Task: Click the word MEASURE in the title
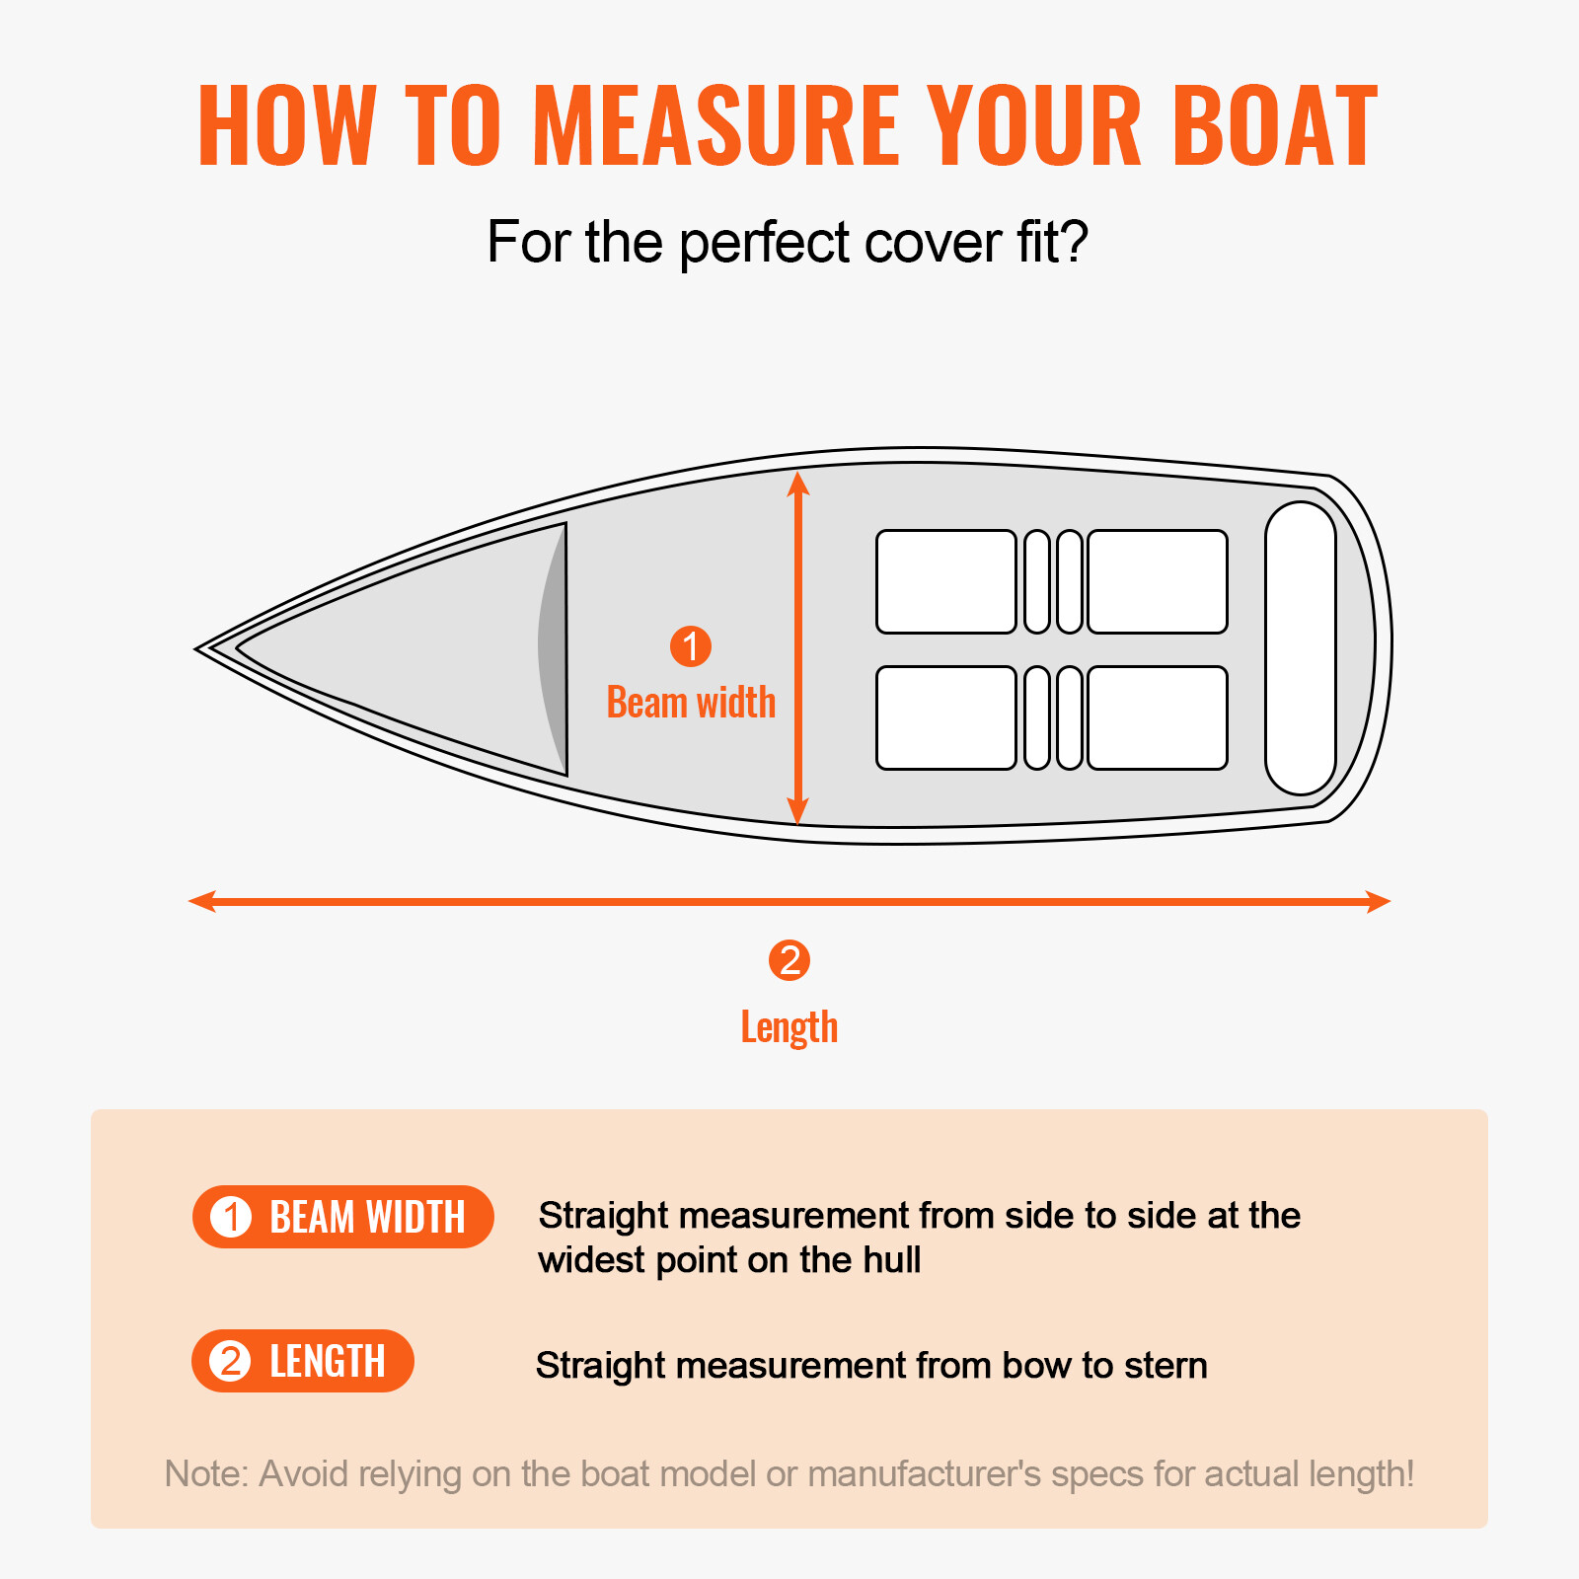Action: pos(715,125)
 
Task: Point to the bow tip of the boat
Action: pos(200,649)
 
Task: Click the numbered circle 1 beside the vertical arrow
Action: pos(691,646)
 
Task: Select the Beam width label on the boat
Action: pos(691,703)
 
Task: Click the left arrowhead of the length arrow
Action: pos(200,901)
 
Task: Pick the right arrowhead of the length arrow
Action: pos(1380,901)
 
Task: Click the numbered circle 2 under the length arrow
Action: pos(789,960)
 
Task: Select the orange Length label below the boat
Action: pos(789,1027)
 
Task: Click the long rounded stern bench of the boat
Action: pos(1301,648)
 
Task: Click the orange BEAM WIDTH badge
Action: pos(342,1217)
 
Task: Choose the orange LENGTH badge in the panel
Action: pos(303,1361)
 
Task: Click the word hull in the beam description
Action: pos(891,1260)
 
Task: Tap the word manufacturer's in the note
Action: pos(924,1473)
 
